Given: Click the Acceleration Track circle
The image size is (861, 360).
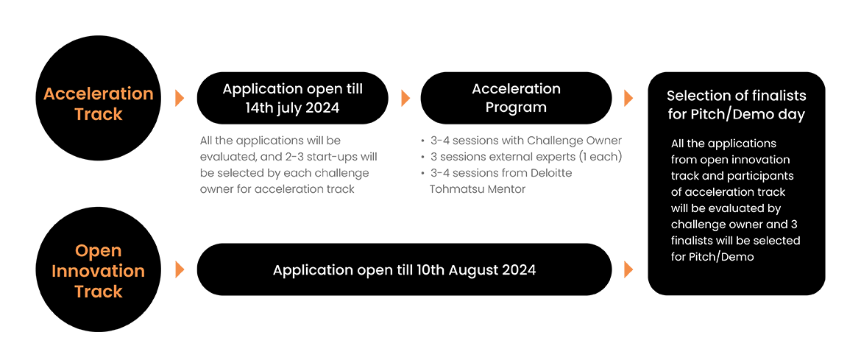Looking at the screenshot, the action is (x=99, y=104).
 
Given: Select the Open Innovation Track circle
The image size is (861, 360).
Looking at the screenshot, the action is (x=99, y=270).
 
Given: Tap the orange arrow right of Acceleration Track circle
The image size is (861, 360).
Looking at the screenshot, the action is (x=179, y=99).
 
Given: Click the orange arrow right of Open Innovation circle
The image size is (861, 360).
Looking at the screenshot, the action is (x=179, y=270).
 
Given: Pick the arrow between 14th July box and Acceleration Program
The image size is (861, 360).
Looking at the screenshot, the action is (x=405, y=99).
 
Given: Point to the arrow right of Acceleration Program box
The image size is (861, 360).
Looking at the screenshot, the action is (x=628, y=99).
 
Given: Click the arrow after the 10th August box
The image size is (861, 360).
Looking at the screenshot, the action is (x=628, y=270).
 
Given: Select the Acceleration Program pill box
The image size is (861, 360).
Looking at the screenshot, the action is (x=516, y=98).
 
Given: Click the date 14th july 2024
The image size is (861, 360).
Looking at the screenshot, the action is (x=292, y=107).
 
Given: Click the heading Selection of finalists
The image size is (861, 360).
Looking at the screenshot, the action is (x=737, y=96).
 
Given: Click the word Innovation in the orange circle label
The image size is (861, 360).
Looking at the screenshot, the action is (x=99, y=270).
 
